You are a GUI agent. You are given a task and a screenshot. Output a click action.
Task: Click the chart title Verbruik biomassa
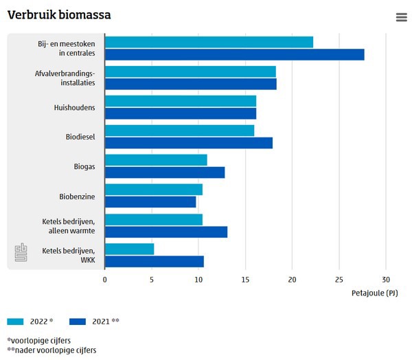(x=59, y=15)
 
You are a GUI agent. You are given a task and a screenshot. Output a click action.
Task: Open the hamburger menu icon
(x=402, y=17)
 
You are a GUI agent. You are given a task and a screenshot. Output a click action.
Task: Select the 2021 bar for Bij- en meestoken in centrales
(x=234, y=54)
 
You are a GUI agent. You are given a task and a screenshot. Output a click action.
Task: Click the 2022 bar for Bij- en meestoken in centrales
(x=209, y=43)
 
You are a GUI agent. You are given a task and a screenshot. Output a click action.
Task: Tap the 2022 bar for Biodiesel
(x=179, y=131)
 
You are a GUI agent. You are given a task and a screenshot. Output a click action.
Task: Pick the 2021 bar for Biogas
(x=165, y=172)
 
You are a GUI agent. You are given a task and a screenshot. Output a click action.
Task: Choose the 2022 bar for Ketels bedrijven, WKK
(x=129, y=249)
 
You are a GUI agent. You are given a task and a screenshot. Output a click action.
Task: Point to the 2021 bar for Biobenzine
(x=150, y=202)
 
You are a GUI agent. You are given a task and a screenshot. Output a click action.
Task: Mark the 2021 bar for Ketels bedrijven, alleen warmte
(x=165, y=232)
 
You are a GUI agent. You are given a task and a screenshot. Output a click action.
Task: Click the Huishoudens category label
(x=74, y=108)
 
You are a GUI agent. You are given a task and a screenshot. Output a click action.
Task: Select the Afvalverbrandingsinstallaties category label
(x=65, y=78)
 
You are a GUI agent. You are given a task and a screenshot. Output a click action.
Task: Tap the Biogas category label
(x=84, y=167)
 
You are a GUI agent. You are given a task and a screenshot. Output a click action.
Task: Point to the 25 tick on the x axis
(x=339, y=280)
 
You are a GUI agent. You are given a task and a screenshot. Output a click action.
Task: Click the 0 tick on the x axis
(x=105, y=280)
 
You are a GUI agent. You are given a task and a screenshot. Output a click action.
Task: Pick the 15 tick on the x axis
(x=245, y=280)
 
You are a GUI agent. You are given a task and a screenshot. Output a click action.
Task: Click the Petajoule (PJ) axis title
(x=374, y=293)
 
